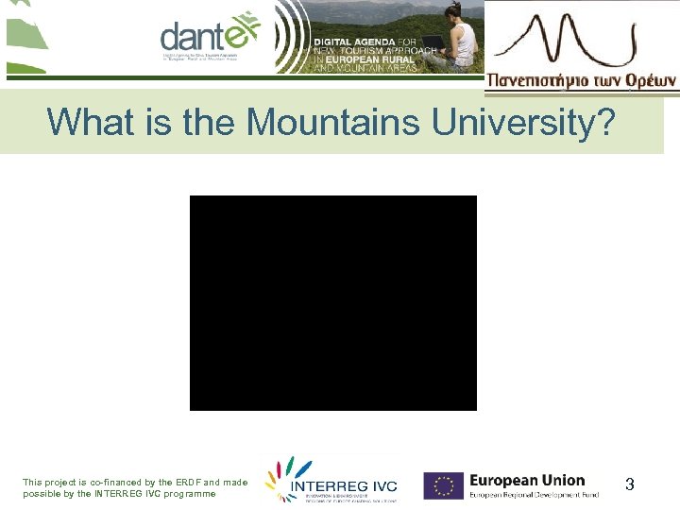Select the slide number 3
click(x=630, y=484)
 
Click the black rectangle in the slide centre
click(x=333, y=302)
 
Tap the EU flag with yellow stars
click(x=443, y=485)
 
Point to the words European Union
click(x=527, y=480)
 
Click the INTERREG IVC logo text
click(x=344, y=486)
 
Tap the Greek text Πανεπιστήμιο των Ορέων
click(x=581, y=81)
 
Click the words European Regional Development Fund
click(x=535, y=495)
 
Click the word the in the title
click(x=212, y=121)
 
